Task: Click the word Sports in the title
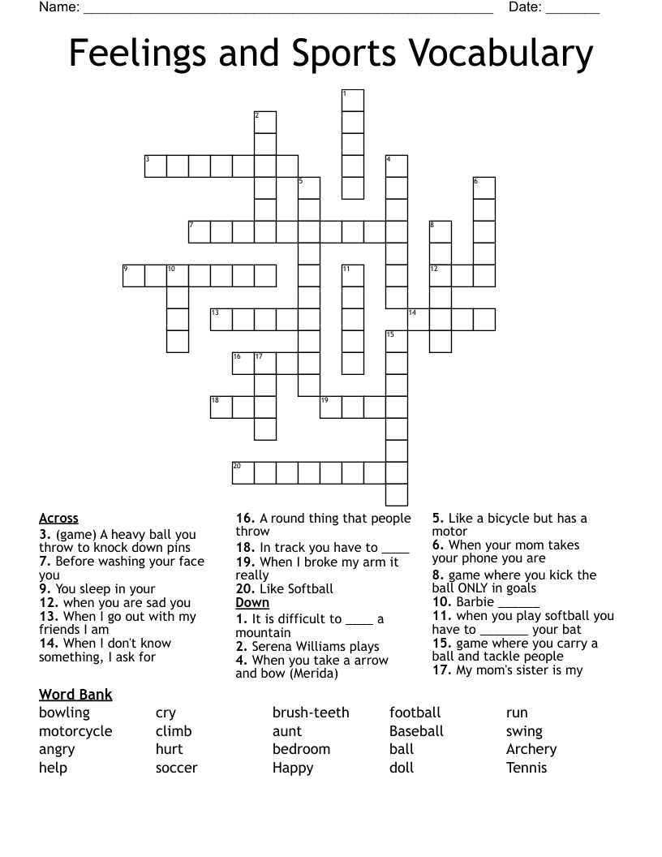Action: [x=342, y=54]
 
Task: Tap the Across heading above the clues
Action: [x=58, y=519]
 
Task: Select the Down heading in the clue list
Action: [x=252, y=603]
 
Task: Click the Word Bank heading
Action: [x=75, y=695]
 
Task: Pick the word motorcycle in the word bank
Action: [x=75, y=731]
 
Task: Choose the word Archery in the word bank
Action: [x=531, y=749]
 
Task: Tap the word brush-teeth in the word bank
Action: [x=311, y=713]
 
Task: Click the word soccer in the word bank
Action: [x=177, y=768]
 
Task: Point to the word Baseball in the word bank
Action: [x=416, y=731]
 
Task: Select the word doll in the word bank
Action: [x=402, y=768]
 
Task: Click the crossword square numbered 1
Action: [x=352, y=100]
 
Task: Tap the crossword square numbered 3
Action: [x=156, y=166]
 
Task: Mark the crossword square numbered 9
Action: [x=134, y=275]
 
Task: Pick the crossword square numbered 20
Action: [x=243, y=472]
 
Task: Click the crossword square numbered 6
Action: [x=484, y=187]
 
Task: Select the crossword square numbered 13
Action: [x=221, y=319]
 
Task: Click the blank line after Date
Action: [x=573, y=10]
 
